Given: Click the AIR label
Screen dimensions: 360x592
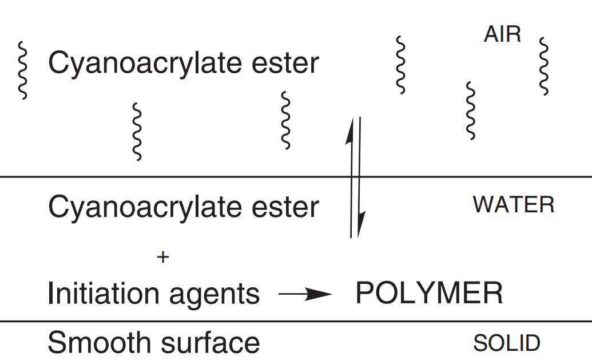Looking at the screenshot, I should pyautogui.click(x=502, y=35).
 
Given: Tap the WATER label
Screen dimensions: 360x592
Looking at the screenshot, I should pyautogui.click(x=513, y=205).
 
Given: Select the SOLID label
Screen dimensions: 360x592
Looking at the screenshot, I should pyautogui.click(x=506, y=343).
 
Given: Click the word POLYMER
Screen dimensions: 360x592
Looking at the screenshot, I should pyautogui.click(x=429, y=294).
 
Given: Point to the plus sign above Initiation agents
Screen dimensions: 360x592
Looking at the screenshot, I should pyautogui.click(x=163, y=258).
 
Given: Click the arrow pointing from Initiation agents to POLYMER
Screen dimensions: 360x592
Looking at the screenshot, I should pyautogui.click(x=304, y=295).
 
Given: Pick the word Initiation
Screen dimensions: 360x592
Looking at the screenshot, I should pyautogui.click(x=104, y=294).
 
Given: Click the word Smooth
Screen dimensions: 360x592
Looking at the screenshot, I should pyautogui.click(x=90, y=343).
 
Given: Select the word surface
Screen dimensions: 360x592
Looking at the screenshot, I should pyautogui.click(x=215, y=343).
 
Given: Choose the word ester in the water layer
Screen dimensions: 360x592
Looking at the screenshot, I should pyautogui.click(x=288, y=207).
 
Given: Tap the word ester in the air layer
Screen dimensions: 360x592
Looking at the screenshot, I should pyautogui.click(x=288, y=63).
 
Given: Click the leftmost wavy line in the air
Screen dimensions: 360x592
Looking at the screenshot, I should pyautogui.click(x=23, y=70).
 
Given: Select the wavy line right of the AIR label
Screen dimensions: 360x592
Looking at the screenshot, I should pyautogui.click(x=543, y=66).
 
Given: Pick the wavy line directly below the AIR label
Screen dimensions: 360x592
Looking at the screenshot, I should pyautogui.click(x=470, y=110).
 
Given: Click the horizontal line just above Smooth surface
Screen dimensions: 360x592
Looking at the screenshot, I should pyautogui.click(x=296, y=322).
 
